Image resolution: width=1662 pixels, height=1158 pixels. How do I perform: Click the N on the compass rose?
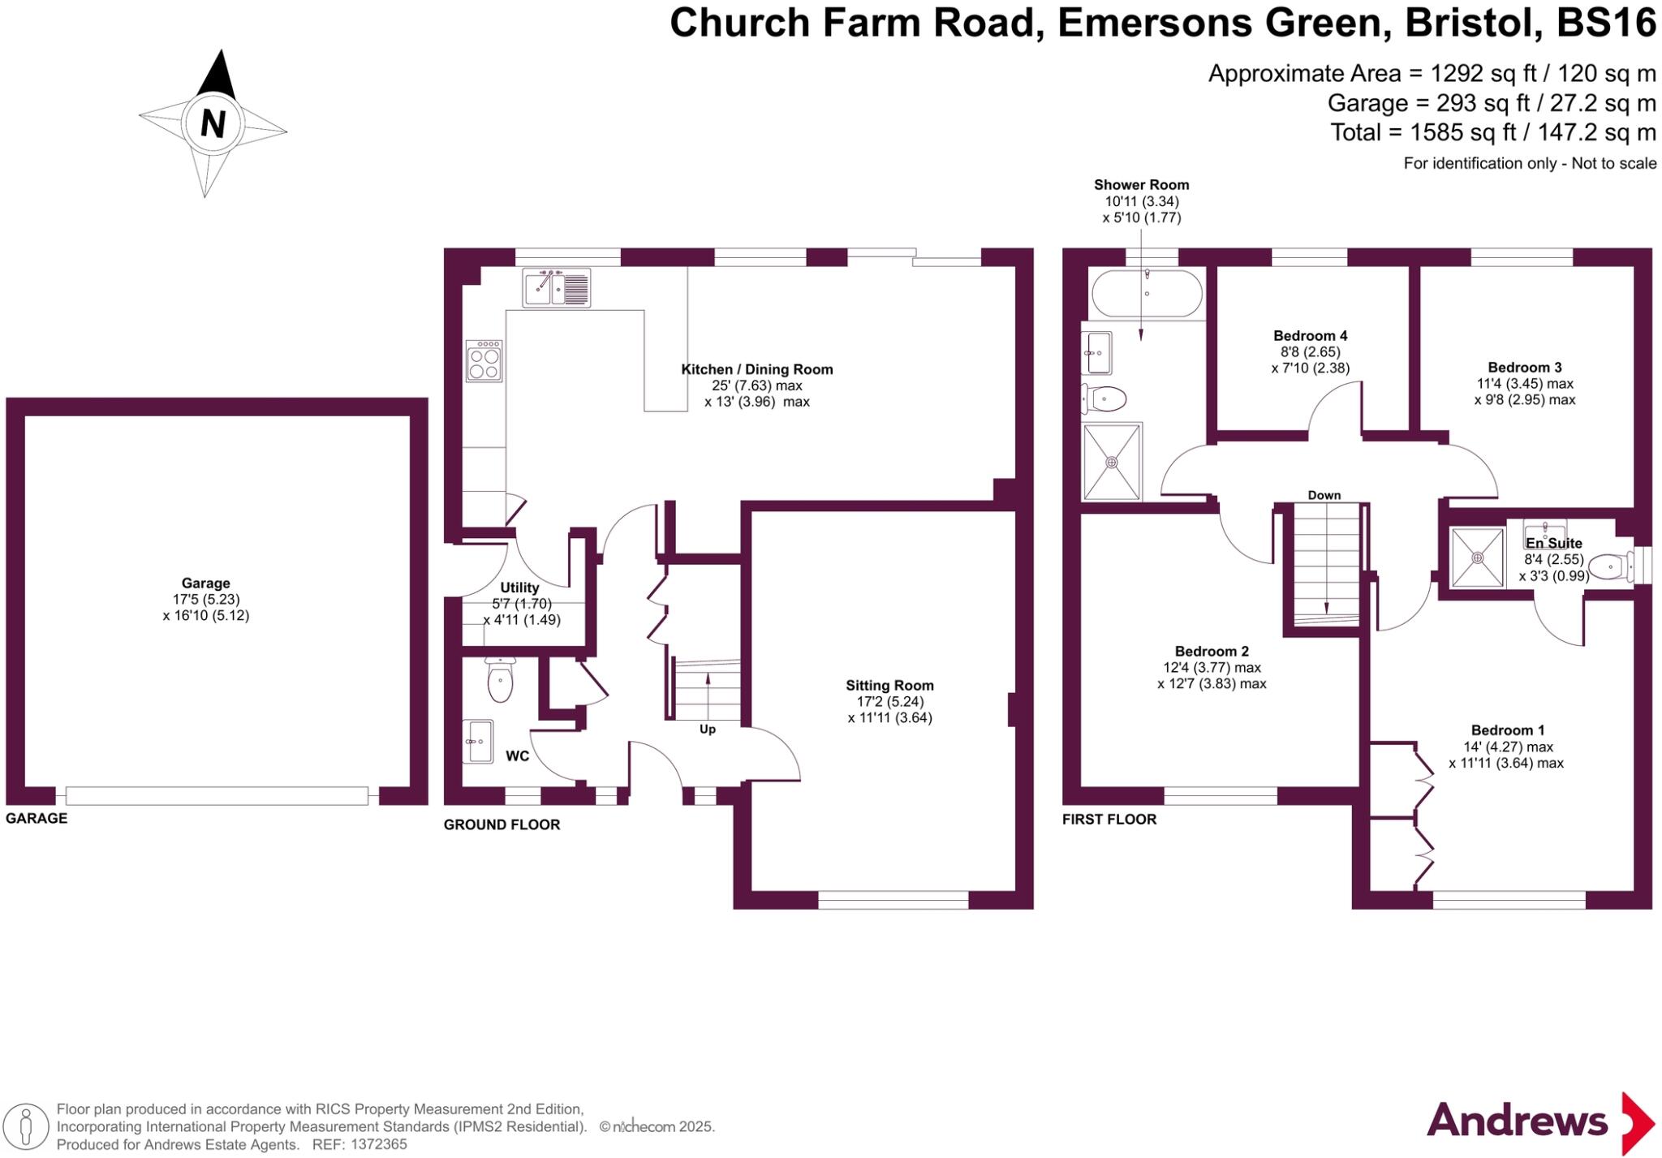pos(213,124)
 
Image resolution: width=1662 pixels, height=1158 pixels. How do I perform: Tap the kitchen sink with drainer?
pos(557,288)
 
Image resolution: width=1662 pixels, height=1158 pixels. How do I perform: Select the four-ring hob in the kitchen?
pos(484,361)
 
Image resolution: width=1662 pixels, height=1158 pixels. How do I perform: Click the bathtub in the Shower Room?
pos(1147,294)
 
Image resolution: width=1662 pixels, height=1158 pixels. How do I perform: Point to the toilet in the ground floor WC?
pos(500,682)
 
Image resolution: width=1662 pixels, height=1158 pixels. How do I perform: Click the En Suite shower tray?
pos(1477,557)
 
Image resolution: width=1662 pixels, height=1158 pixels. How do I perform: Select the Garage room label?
pos(205,583)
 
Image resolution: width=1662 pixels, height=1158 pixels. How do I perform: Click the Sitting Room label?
pos(889,685)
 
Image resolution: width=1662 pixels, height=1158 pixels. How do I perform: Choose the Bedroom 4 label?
pos(1310,335)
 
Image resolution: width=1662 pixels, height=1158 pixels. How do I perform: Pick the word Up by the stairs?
pos(708,730)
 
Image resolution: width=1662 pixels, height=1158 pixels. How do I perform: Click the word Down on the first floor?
pos(1324,495)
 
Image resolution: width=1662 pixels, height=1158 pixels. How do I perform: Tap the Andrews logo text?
pos(1517,1121)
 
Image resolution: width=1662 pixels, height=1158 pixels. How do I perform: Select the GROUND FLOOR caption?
pos(502,824)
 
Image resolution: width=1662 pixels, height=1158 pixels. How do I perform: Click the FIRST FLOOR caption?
pos(1109,819)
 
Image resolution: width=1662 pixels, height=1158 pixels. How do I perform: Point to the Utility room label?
pos(519,588)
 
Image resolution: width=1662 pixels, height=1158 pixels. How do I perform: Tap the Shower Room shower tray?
pos(1112,461)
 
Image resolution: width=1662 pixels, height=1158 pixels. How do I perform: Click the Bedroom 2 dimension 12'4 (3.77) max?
pos(1212,667)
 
